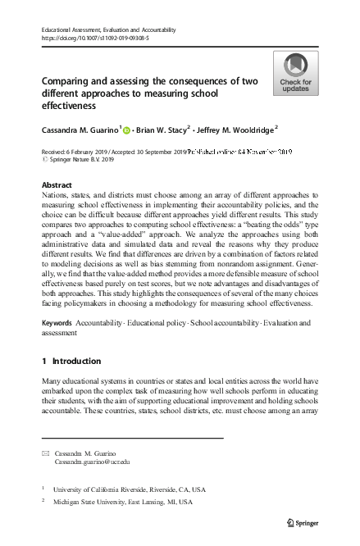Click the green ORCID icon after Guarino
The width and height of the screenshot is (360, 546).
[127, 129]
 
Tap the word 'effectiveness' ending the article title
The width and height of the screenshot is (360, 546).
[71, 106]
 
